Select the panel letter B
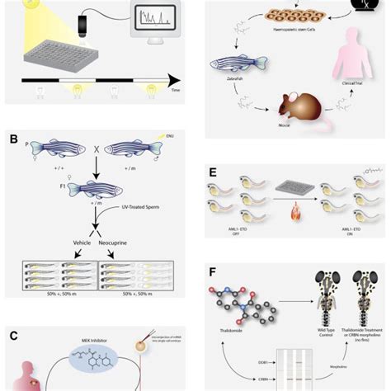click(x=13, y=139)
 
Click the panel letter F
click(x=214, y=271)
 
